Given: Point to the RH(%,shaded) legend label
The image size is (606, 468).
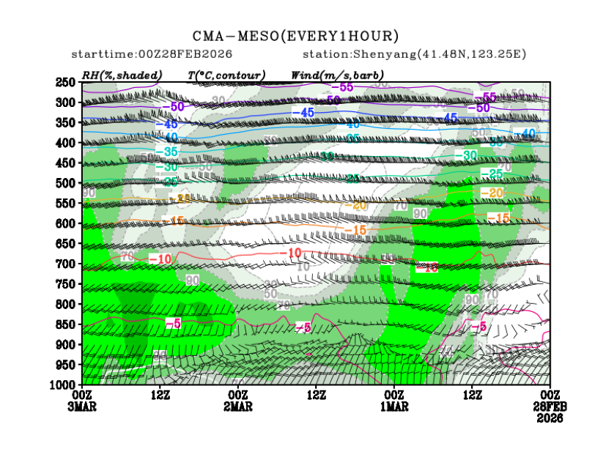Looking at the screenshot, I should click(x=122, y=75).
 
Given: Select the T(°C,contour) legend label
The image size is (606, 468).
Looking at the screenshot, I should click(x=226, y=75).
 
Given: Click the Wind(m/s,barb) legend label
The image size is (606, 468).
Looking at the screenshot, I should click(x=337, y=75).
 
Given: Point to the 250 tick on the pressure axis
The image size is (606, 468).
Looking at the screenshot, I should click(x=67, y=82).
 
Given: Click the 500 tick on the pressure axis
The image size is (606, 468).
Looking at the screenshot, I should click(x=67, y=182).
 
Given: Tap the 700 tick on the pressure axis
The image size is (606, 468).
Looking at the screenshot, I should click(x=67, y=263).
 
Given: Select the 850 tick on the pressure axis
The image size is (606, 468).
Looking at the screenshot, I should click(x=67, y=324).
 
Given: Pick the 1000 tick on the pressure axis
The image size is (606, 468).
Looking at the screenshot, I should click(x=65, y=384).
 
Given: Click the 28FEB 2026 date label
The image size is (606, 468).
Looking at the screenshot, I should click(x=550, y=412).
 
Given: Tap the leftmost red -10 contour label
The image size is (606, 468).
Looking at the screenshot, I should click(x=160, y=259).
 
